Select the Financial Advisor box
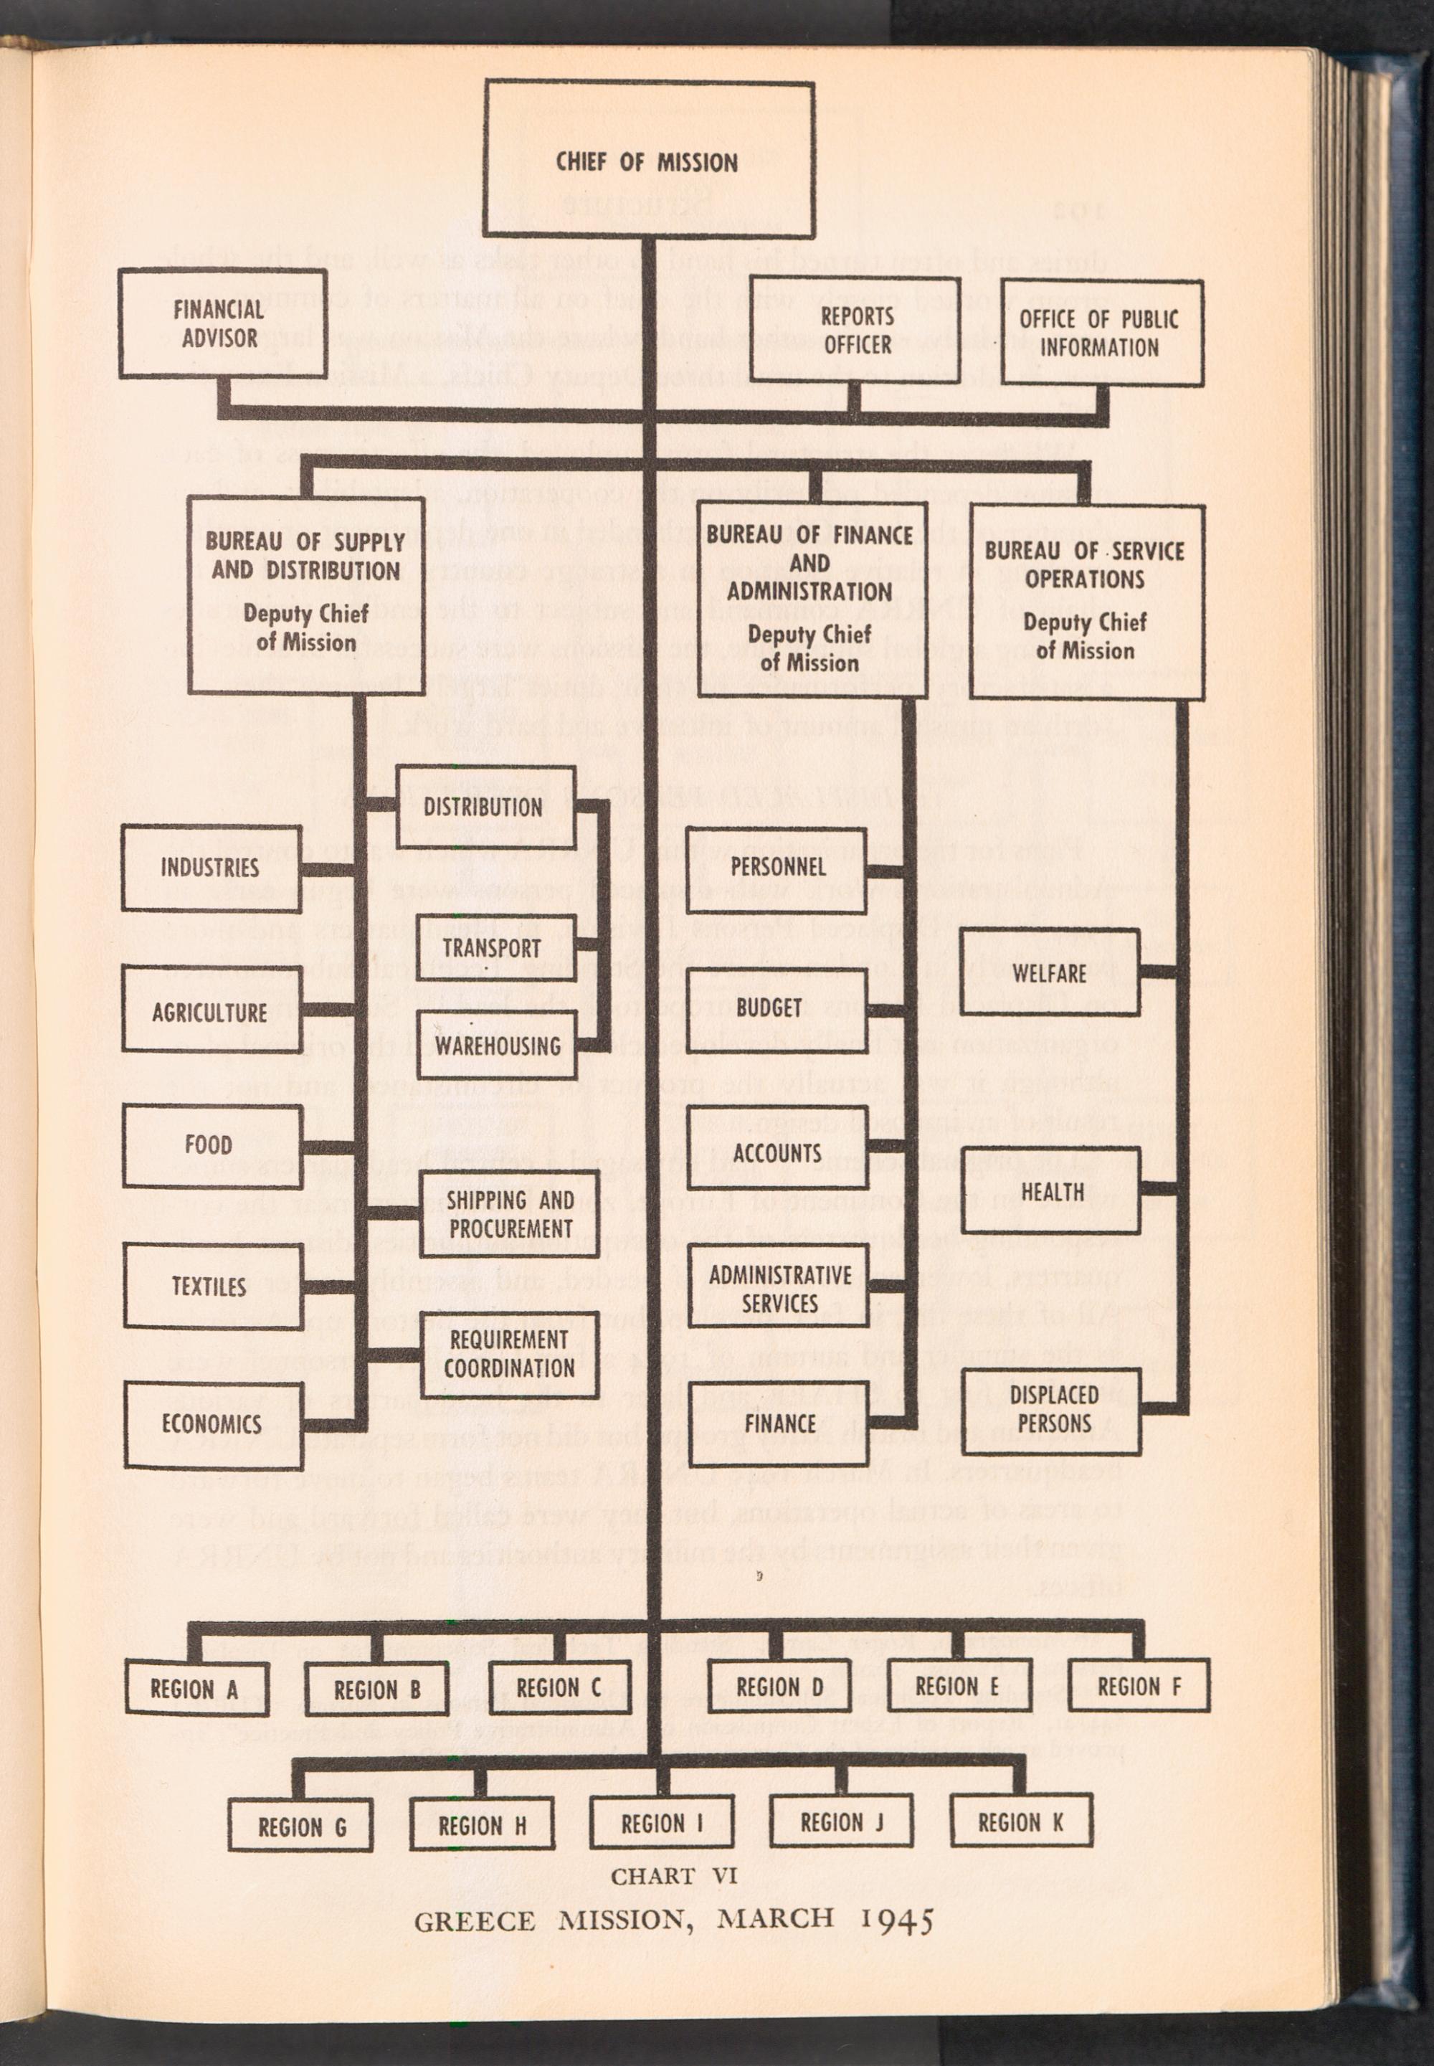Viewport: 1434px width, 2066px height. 220,323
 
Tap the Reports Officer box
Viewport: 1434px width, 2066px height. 857,331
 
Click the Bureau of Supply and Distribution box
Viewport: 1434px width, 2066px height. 305,594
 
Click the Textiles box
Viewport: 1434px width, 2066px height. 211,1285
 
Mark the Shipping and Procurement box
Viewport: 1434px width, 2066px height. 510,1214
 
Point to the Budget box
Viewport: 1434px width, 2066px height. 769,1008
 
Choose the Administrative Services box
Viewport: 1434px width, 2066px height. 779,1289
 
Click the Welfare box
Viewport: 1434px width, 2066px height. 1050,973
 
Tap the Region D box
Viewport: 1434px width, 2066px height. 779,1687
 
